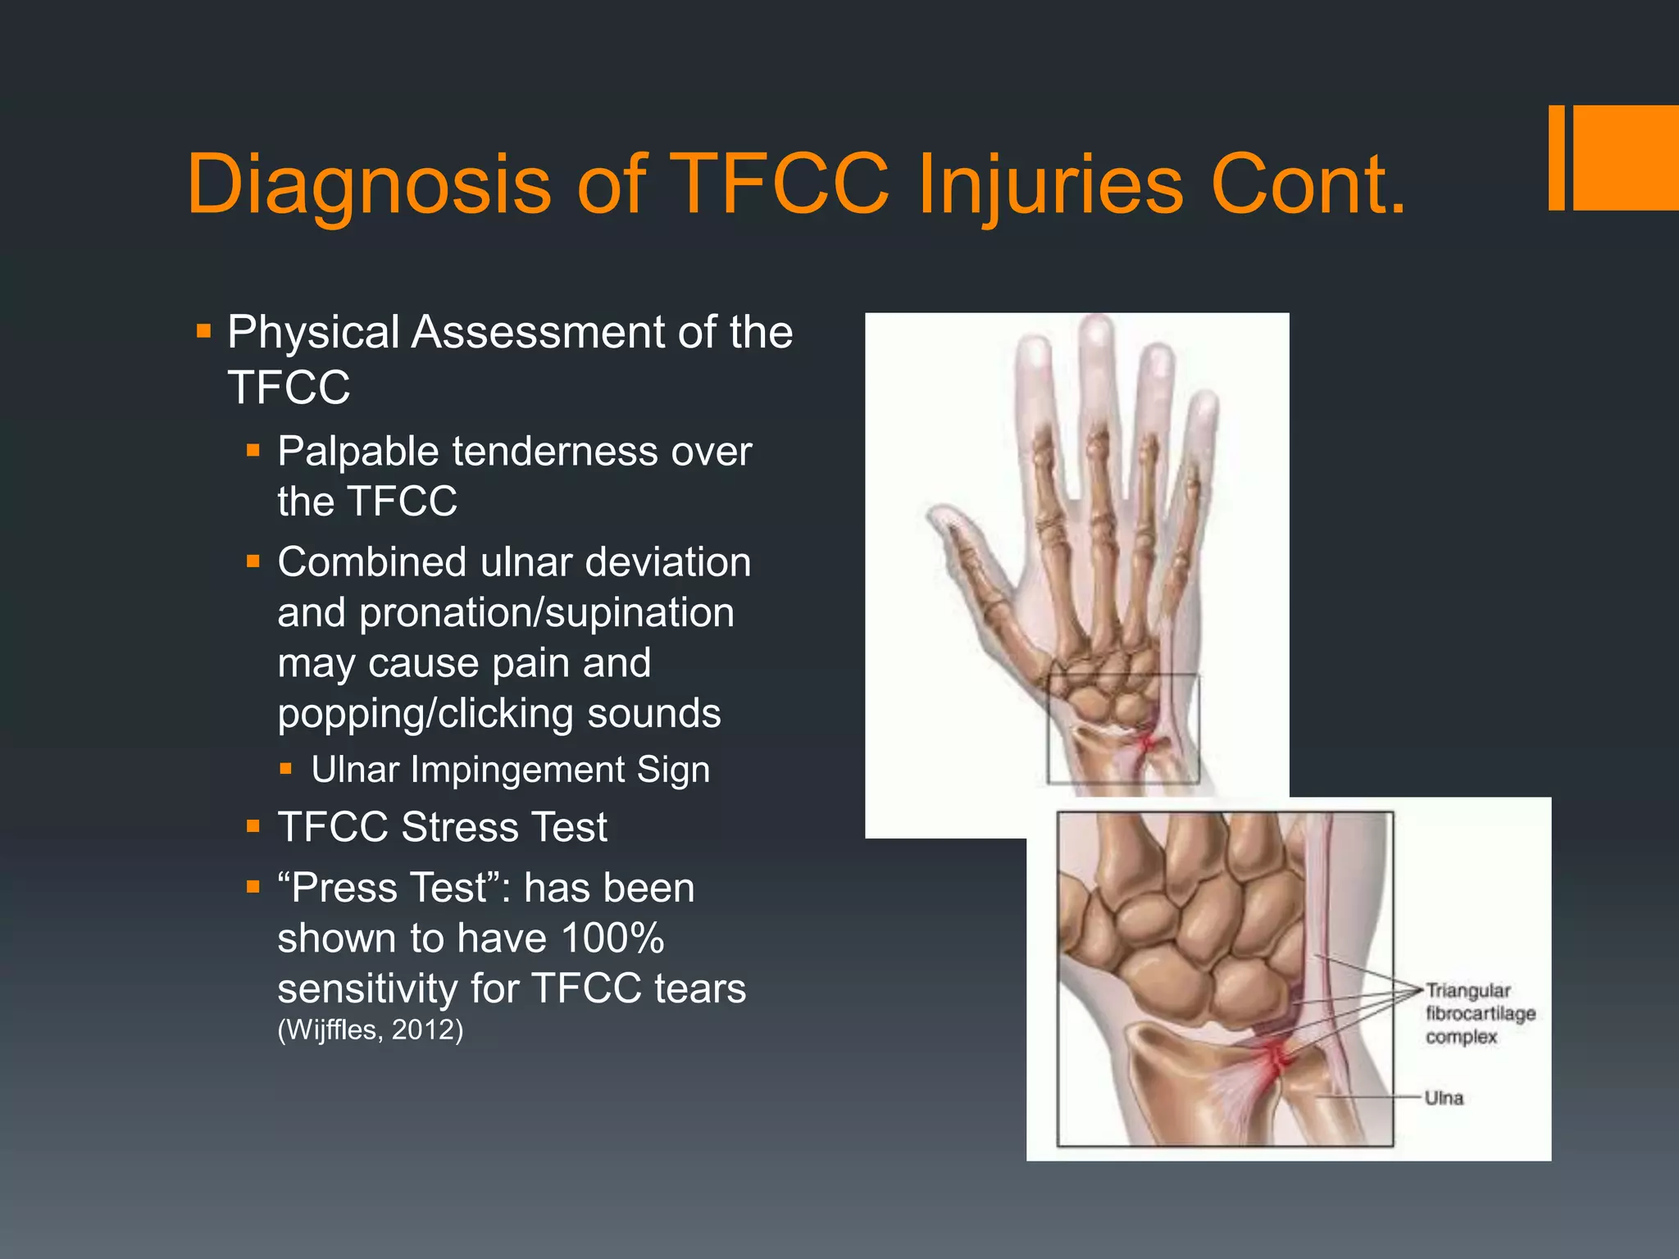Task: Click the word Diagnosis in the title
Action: point(369,185)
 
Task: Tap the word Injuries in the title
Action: point(1050,185)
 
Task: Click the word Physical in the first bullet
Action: point(314,333)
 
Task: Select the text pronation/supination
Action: point(546,613)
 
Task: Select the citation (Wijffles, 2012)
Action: point(371,1029)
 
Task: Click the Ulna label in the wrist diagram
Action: point(1444,1098)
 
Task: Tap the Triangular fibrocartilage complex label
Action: point(1480,1013)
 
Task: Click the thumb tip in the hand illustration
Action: point(937,516)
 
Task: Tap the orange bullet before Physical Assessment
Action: point(204,333)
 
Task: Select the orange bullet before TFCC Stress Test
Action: point(253,827)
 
